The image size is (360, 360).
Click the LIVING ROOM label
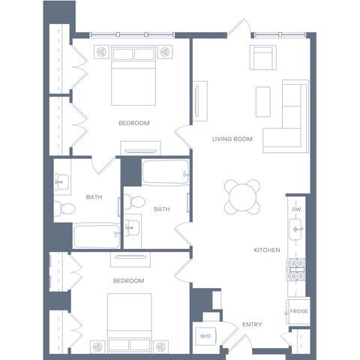point(232,139)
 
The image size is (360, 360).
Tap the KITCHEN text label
point(267,250)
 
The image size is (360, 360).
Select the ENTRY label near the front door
point(252,325)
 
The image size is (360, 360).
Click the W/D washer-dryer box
point(205,336)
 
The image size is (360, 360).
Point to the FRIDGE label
point(299,311)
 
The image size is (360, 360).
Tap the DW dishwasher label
point(296,209)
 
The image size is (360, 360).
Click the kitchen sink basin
point(296,229)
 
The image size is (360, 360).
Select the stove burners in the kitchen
point(295,269)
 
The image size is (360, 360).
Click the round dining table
point(242,196)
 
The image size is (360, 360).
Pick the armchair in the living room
point(262,58)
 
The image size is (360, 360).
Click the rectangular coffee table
point(263,101)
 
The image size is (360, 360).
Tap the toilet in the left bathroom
point(64,208)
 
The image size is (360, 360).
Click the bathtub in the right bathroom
point(166,172)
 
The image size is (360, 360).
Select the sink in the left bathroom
point(62,182)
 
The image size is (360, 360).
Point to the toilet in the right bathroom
point(134,202)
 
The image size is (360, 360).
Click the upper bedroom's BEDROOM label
point(134,123)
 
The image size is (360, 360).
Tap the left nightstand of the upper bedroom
point(101,52)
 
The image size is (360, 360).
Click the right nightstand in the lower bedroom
point(161,347)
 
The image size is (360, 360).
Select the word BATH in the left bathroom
point(94,197)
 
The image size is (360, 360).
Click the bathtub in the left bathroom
point(97,236)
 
